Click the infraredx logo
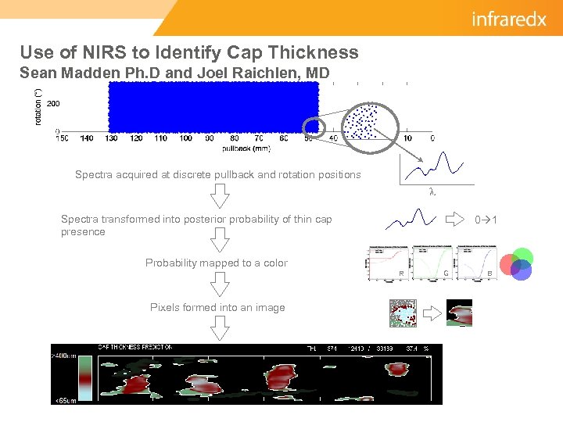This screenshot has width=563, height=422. (x=509, y=19)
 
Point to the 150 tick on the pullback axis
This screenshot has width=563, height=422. (x=63, y=138)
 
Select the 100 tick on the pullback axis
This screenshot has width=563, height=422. (x=185, y=138)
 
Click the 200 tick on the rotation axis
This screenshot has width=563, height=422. (x=53, y=103)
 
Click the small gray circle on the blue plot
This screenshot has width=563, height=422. (x=313, y=126)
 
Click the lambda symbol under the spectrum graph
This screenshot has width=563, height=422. (x=432, y=191)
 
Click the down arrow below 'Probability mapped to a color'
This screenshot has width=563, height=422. (x=221, y=282)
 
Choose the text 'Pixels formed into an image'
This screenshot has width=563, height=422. (x=217, y=307)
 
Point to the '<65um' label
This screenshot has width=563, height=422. (x=64, y=400)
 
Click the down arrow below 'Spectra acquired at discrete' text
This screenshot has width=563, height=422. (x=221, y=195)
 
